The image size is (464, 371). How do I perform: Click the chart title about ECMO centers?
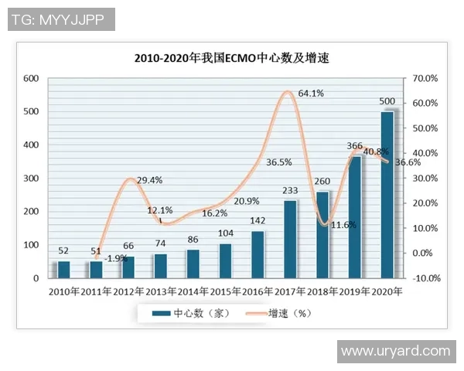click(x=232, y=58)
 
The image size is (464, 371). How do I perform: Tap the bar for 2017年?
click(x=290, y=239)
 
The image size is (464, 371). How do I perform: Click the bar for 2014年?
click(x=193, y=264)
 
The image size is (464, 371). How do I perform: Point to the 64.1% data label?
click(x=311, y=94)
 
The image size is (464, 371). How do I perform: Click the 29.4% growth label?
click(x=149, y=180)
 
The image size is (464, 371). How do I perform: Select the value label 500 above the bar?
click(x=387, y=102)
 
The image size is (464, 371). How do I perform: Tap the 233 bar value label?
click(x=290, y=191)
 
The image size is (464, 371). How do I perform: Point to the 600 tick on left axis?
click(x=31, y=79)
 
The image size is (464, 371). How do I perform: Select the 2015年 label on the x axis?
click(x=225, y=292)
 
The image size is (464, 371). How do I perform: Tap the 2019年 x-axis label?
click(x=354, y=292)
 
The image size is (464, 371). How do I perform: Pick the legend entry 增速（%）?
click(x=279, y=313)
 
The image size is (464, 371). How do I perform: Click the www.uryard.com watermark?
click(x=395, y=351)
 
